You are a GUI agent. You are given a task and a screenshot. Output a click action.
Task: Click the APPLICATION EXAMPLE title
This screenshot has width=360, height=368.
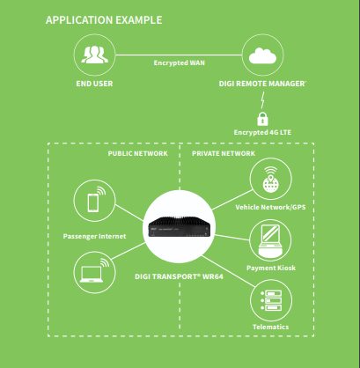pos(104,20)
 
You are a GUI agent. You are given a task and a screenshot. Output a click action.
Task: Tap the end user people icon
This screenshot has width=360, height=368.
pos(94,55)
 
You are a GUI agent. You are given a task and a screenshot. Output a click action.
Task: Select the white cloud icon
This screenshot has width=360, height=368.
pos(262,55)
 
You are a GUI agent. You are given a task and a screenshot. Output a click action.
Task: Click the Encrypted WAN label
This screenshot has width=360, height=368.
pos(180,63)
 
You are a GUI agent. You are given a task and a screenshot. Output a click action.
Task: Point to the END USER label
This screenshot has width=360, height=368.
pos(94,84)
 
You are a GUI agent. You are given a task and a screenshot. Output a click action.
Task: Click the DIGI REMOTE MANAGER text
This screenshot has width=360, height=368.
pos(262,84)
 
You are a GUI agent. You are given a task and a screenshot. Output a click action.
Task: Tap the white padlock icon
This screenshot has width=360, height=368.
pos(262,119)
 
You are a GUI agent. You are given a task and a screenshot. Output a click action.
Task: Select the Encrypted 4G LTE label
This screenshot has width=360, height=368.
pos(262,132)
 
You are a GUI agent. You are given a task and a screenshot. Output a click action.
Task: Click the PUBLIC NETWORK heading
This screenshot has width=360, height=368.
pos(138,153)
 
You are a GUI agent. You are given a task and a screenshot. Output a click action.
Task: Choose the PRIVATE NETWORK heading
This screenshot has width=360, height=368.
pos(224,153)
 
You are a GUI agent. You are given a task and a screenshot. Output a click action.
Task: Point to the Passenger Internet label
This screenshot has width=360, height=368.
pos(94,236)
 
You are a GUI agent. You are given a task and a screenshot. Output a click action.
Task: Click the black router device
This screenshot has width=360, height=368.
pos(180,226)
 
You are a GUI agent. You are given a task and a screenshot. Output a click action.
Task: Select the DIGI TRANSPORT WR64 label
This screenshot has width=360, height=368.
pos(179,276)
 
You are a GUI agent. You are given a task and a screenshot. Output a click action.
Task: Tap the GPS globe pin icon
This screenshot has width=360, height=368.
pos(270,180)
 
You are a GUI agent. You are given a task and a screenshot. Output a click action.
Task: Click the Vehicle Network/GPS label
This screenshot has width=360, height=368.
pos(270,207)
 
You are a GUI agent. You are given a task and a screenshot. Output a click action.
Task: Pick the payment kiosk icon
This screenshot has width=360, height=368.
pos(270,240)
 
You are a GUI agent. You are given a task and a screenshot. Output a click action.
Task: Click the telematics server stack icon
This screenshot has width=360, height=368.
pos(271,300)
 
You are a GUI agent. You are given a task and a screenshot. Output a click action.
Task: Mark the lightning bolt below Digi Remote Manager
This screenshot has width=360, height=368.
pos(262,100)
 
